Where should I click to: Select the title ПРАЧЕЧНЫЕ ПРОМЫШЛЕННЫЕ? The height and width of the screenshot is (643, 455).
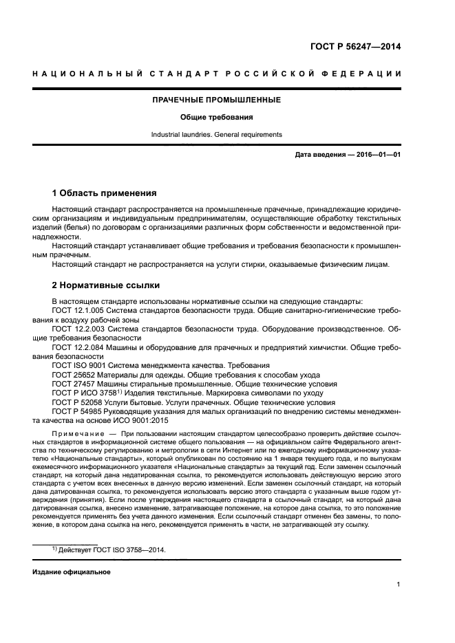coord(217,100)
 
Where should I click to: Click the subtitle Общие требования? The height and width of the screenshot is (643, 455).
coord(217,117)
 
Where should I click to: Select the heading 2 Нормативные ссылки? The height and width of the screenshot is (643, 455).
coord(106,285)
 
